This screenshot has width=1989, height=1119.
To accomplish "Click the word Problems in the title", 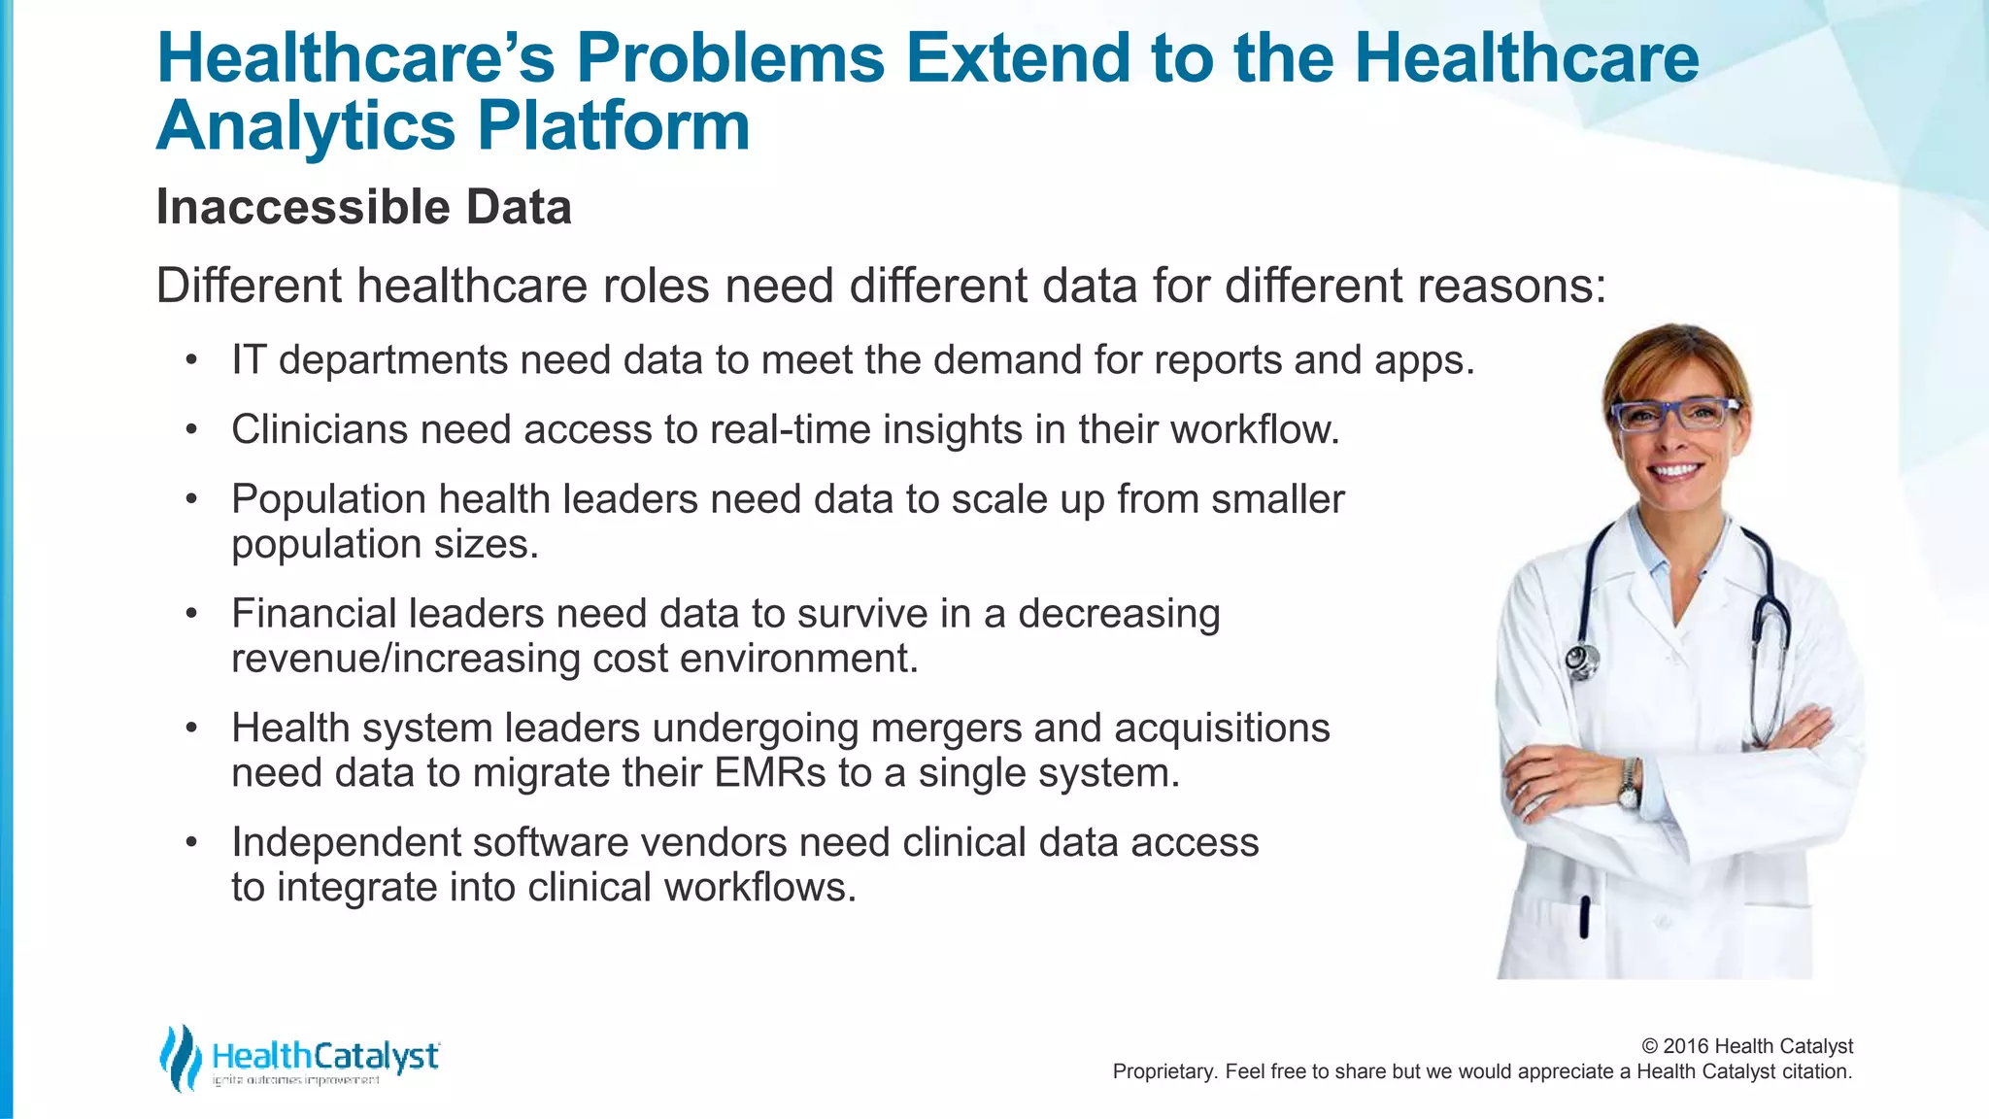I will (x=729, y=57).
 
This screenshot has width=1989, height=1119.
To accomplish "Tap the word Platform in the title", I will (x=613, y=126).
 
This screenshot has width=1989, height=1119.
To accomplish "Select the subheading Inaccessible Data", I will (x=363, y=207).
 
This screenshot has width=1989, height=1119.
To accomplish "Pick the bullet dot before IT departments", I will (x=192, y=360).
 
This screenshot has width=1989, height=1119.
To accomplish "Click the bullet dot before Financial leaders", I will (x=192, y=614).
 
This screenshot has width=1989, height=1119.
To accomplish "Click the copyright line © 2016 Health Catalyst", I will (x=1746, y=1046).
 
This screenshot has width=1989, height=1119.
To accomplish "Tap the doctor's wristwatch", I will (x=1627, y=783).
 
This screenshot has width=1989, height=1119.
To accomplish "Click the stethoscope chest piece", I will (x=1581, y=661).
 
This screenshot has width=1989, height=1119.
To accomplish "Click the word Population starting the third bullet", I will (x=328, y=499).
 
